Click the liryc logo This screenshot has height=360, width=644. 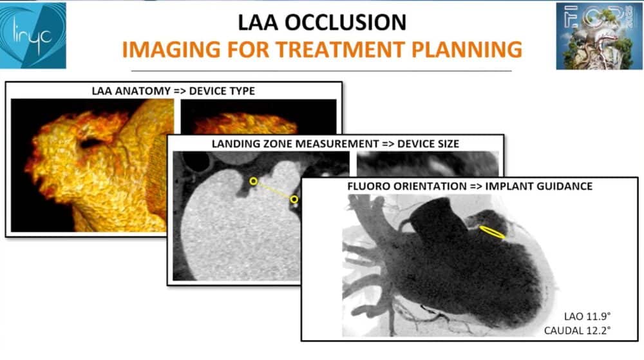[x=33, y=35]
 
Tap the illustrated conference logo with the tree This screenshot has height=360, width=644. [x=599, y=36]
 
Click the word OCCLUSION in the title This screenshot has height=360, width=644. [x=345, y=22]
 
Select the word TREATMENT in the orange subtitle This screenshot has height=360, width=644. [x=340, y=49]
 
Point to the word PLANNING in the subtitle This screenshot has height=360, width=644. [x=467, y=49]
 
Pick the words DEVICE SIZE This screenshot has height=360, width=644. [x=428, y=144]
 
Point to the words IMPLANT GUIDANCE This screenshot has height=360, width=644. [x=539, y=186]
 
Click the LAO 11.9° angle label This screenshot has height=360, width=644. [x=587, y=316]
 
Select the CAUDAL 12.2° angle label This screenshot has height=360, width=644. [x=577, y=330]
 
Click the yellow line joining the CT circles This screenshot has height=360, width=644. [x=274, y=190]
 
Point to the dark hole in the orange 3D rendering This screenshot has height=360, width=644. [x=92, y=142]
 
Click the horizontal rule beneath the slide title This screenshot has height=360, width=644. [x=321, y=71]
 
